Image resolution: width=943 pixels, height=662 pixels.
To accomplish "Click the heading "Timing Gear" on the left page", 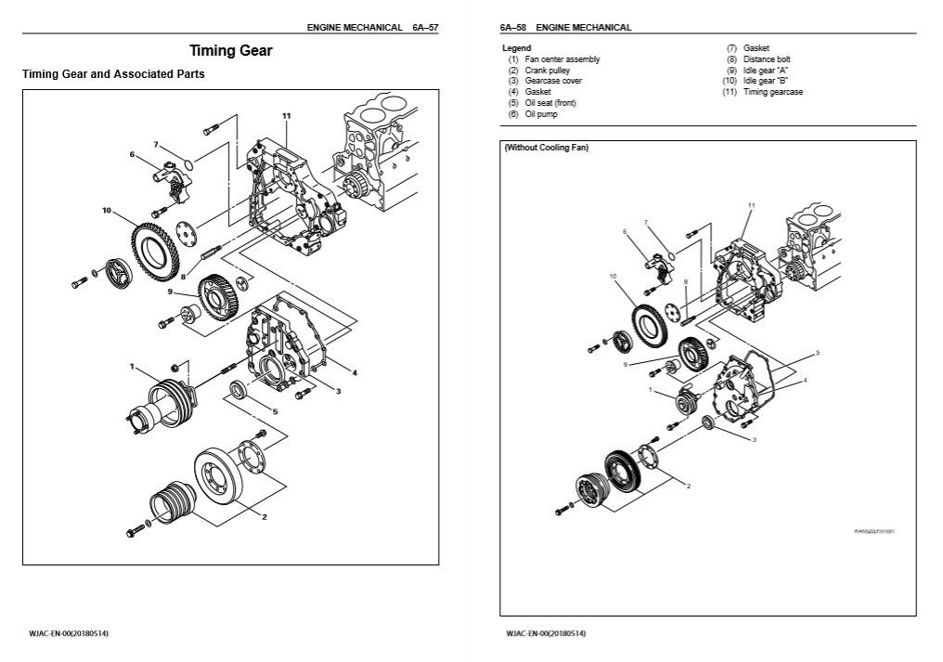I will tap(231, 51).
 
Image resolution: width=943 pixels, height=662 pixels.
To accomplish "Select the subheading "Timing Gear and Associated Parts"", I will tap(113, 73).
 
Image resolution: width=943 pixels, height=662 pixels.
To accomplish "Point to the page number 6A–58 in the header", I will tap(513, 28).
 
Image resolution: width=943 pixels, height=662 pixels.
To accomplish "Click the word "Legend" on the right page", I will tap(517, 47).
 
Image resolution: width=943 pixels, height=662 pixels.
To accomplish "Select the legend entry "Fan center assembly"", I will tap(562, 59).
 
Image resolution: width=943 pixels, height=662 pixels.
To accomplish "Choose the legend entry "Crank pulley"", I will tap(548, 71).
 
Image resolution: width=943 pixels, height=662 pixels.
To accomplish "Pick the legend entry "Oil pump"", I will tap(541, 114).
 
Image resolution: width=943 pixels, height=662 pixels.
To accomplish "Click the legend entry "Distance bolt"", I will tap(767, 59).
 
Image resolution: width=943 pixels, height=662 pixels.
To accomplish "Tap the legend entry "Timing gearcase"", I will tap(773, 92).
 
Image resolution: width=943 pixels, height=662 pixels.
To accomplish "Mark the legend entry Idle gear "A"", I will tap(766, 71).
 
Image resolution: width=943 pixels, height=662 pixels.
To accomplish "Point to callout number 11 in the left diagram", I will tap(287, 115).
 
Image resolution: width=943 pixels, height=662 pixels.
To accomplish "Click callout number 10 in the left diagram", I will tap(108, 211).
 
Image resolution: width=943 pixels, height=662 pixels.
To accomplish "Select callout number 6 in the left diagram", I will tap(133, 154).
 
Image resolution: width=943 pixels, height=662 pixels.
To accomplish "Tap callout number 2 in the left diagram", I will tap(265, 515).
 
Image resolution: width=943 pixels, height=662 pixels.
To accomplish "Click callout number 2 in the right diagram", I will tap(688, 485).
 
